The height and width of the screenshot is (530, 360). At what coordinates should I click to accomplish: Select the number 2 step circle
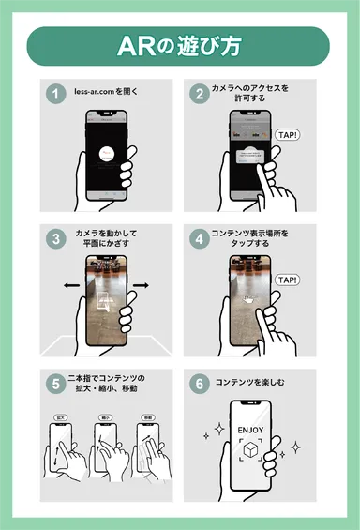(199, 94)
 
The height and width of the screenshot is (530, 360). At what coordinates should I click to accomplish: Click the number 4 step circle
(199, 238)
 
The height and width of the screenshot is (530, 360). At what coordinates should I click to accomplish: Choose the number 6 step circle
(199, 382)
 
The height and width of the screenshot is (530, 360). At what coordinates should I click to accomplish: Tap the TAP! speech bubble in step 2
(289, 135)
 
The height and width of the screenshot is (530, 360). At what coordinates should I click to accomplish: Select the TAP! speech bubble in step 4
(289, 280)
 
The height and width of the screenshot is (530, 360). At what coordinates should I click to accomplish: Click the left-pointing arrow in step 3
(68, 284)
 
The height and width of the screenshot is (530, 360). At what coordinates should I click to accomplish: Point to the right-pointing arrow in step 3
(141, 284)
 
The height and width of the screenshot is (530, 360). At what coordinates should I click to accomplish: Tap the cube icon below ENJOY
(250, 453)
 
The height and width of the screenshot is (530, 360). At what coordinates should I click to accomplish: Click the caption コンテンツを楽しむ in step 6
(253, 383)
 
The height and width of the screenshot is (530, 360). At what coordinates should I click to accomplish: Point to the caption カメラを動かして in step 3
(107, 232)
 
